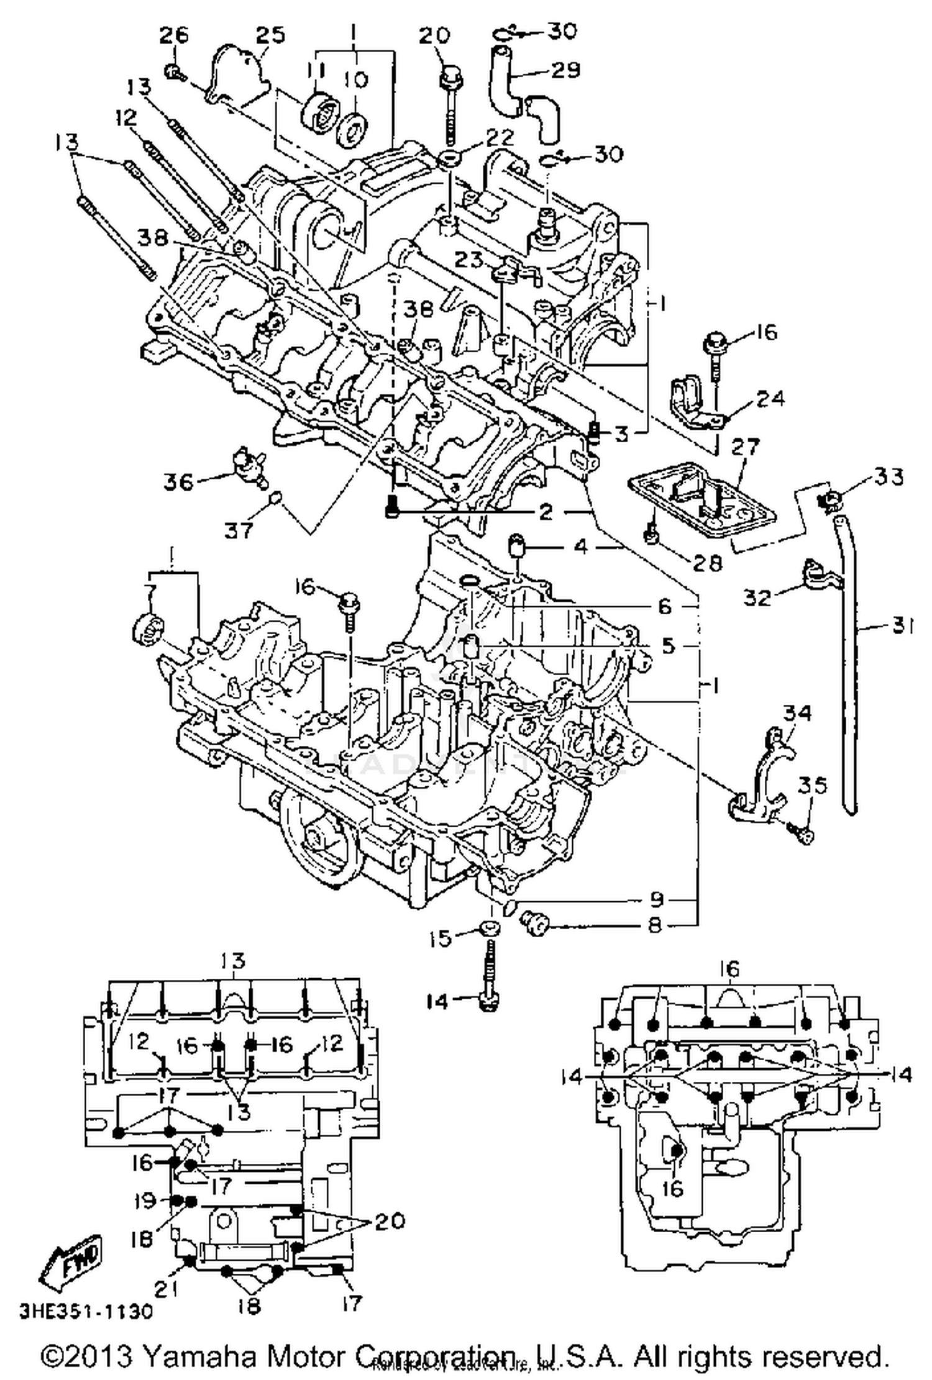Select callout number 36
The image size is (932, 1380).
(179, 481)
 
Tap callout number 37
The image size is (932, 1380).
(239, 530)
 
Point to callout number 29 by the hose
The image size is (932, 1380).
(565, 70)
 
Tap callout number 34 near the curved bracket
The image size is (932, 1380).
(798, 713)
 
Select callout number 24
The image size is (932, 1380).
(770, 398)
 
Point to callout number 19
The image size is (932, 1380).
(145, 1201)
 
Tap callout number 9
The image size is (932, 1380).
(657, 900)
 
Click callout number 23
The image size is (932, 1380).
(469, 260)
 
